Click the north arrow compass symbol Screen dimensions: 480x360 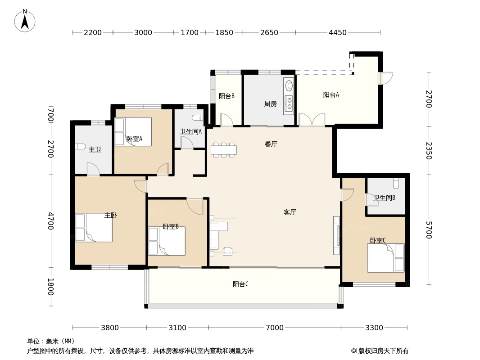pos(25,21)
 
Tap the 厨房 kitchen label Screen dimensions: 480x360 pos(270,104)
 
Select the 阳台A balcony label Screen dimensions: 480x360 pos(331,95)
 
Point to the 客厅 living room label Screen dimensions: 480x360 pos(290,212)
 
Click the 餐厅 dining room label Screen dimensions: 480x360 pos(271,144)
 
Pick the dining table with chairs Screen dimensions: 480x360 pos(224,150)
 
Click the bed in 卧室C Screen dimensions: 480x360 pos(386,257)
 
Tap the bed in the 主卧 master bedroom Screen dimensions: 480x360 pos(94,228)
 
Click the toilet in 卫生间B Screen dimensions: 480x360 pos(396,183)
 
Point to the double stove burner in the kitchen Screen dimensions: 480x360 pos(289,103)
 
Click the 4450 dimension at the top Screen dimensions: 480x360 pos(338,32)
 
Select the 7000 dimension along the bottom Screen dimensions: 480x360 pos(275,328)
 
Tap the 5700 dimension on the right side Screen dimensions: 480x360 pos(429,230)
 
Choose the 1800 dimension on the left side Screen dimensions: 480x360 pos(51,287)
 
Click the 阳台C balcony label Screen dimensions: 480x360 pos(240,284)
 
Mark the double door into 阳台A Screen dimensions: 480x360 pos(312,120)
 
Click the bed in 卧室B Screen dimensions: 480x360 pos(167,241)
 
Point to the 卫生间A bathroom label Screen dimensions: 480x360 pos(190,132)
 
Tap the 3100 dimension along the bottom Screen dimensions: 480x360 pos(177,328)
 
